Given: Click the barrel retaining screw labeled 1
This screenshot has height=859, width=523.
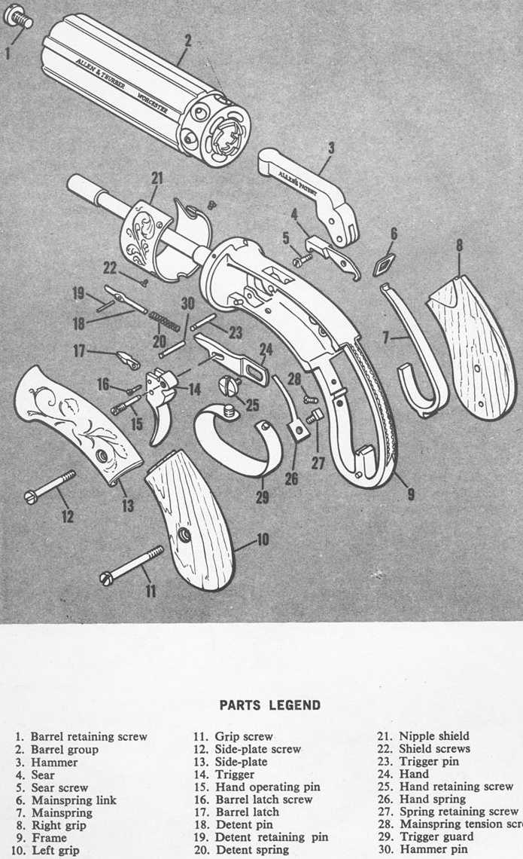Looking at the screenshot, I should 20,18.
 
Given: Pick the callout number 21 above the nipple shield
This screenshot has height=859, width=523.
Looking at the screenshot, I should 157,179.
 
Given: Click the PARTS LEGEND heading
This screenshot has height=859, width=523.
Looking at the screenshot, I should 269,705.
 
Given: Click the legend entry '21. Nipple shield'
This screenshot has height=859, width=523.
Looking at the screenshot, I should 424,736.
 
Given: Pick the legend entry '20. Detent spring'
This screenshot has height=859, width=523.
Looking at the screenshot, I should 242,850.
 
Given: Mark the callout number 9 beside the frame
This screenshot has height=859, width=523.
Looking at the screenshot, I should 410,495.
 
